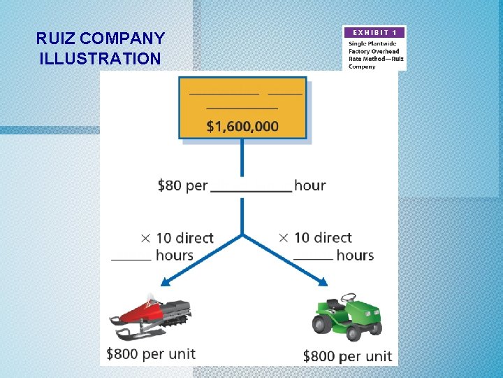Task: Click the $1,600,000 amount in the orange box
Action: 242,127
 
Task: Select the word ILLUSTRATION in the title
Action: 100,58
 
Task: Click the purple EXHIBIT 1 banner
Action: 374,33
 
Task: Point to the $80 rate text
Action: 170,185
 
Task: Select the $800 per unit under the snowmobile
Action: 151,353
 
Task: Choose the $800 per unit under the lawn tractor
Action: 347,356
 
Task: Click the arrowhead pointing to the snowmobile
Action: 166,282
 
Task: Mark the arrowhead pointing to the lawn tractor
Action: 322,281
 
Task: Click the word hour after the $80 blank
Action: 309,185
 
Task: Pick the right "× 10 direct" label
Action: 315,238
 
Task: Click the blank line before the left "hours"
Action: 131,260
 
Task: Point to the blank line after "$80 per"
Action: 251,190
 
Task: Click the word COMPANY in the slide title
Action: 123,38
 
